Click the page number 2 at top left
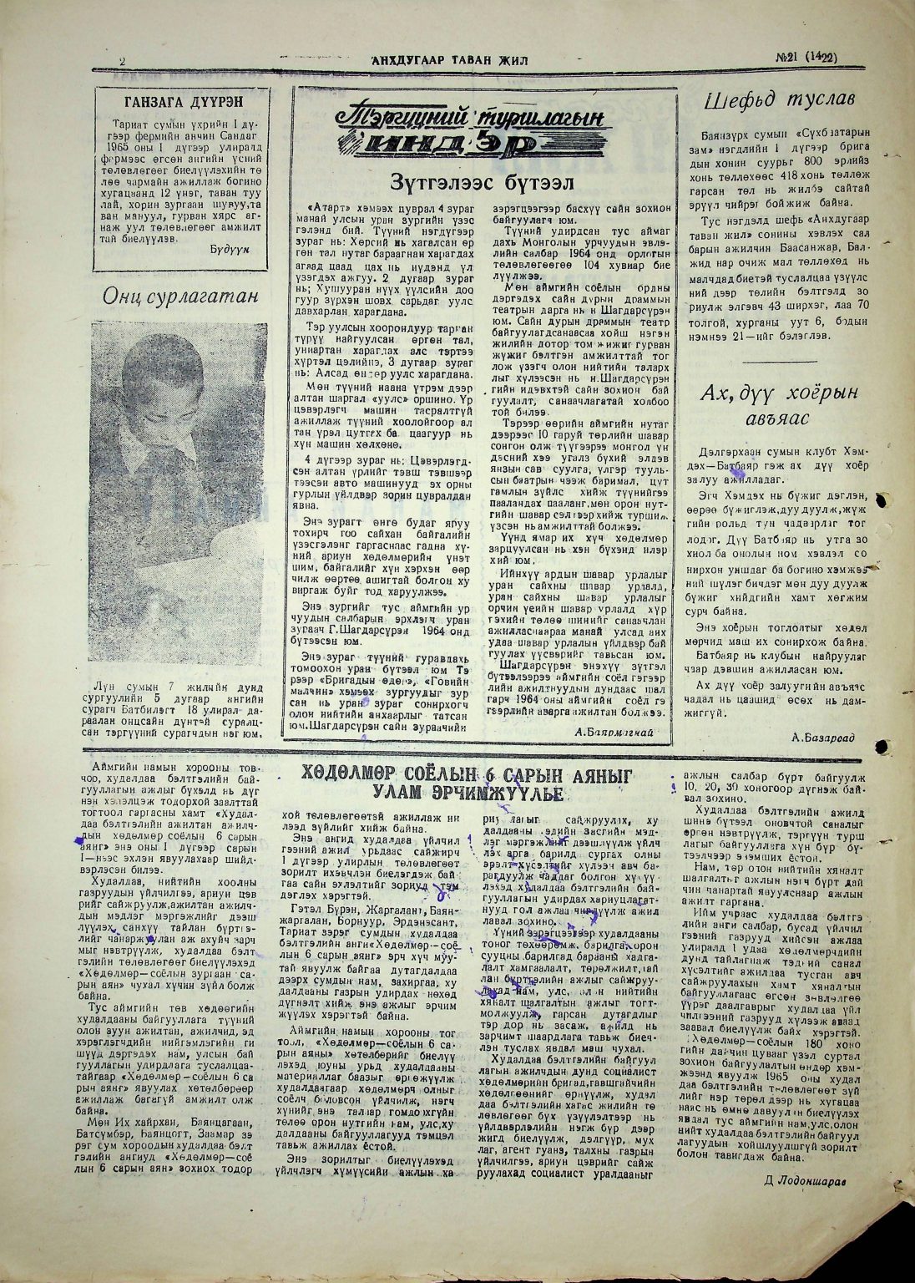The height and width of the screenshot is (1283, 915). click(x=122, y=61)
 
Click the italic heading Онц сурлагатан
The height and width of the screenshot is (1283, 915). click(x=180, y=297)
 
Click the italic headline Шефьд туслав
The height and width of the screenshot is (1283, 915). click(x=779, y=102)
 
